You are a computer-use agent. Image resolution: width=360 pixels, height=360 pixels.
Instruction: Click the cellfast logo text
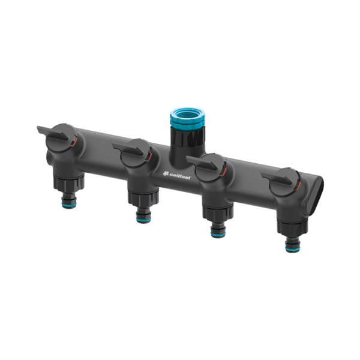[x=180, y=175]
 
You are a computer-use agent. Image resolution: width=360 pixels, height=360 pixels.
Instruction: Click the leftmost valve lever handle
[x=53, y=133]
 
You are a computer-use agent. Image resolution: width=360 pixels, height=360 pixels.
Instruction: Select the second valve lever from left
[x=128, y=149]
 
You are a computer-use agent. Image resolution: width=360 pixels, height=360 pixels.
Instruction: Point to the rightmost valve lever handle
[x=277, y=178]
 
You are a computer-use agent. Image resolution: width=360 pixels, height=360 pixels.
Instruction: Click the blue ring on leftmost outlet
[x=69, y=204]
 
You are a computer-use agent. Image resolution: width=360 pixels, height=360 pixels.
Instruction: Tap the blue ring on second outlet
[x=144, y=220]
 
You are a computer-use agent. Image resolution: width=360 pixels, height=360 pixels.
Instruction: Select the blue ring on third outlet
[x=218, y=234]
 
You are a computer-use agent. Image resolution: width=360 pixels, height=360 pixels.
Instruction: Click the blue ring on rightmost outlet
[x=293, y=248]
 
